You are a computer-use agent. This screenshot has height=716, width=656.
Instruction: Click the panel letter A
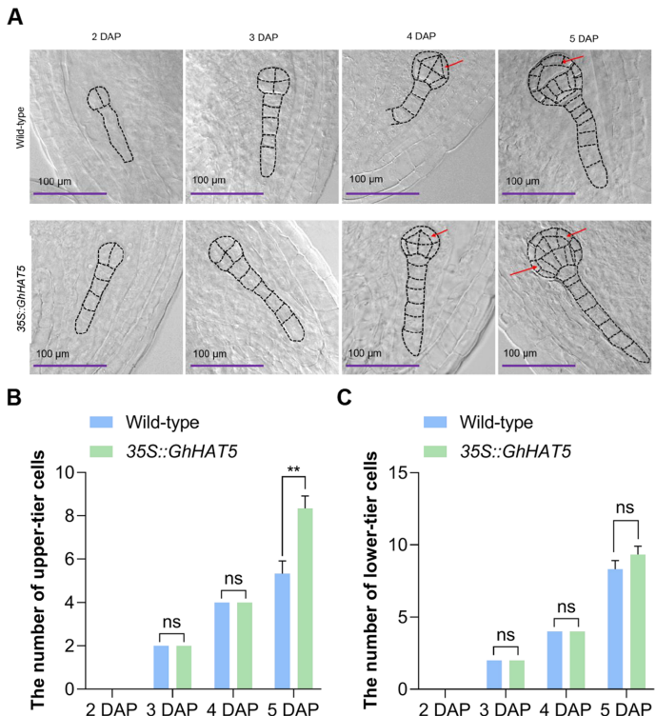point(14,16)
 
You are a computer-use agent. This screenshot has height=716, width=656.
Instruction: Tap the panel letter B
point(14,397)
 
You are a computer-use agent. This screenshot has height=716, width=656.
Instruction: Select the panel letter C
point(346,397)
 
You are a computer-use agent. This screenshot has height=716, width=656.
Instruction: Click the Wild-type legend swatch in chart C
point(442,422)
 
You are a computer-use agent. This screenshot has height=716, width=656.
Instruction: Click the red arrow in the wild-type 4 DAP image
point(453,64)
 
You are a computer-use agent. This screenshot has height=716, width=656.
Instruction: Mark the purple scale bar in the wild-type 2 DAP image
point(70,193)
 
